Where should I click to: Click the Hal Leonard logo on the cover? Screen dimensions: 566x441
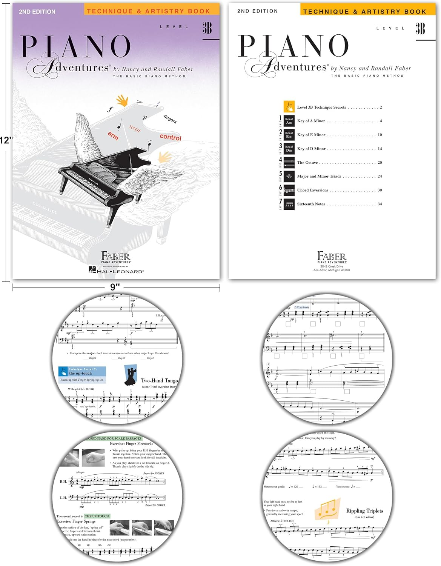[116, 271]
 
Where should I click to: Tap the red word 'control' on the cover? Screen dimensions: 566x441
[171, 137]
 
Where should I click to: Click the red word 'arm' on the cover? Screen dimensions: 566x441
[113, 135]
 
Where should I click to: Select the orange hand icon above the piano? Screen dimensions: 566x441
[122, 100]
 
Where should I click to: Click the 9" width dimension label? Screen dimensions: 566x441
[115, 287]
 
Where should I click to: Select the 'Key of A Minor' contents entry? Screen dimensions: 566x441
[311, 121]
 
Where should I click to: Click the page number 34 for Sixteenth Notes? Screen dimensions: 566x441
[380, 204]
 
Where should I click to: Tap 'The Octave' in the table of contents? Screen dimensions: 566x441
[307, 163]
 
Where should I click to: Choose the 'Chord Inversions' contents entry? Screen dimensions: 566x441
[312, 190]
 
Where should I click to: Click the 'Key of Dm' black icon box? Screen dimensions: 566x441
[289, 149]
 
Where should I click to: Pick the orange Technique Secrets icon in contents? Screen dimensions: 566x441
[289, 107]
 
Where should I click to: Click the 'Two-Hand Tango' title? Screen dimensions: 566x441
[159, 380]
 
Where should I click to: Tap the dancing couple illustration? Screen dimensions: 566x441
[131, 375]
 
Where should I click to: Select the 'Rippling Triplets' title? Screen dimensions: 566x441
[364, 511]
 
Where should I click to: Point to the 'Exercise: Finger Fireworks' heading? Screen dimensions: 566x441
[131, 444]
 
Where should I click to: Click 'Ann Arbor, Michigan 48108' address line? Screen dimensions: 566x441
[331, 270]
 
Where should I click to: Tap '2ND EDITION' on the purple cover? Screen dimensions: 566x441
[37, 12]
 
